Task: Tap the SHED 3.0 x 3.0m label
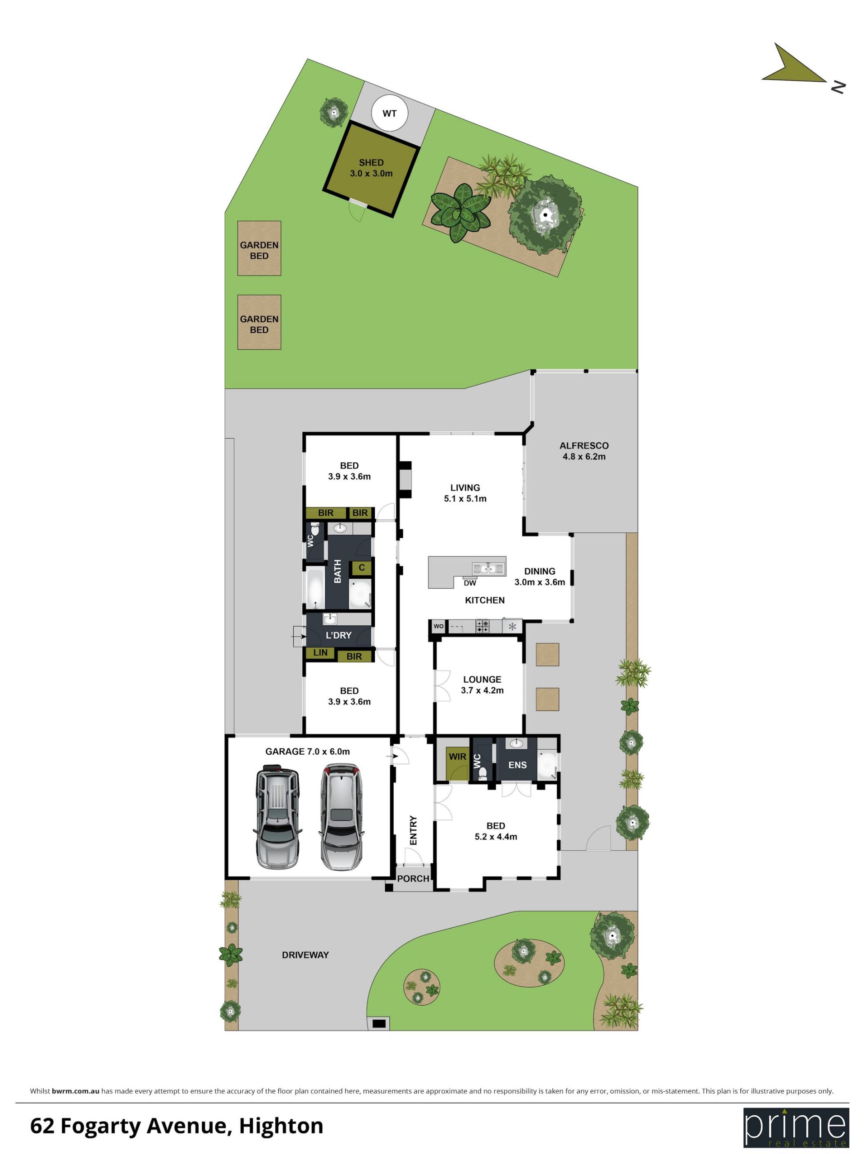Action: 371,168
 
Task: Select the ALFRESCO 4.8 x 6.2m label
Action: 583,451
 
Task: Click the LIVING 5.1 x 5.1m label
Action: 464,493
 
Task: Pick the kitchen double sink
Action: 488,568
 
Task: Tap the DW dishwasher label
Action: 470,583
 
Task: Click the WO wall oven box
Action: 438,626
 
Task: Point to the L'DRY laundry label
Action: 338,635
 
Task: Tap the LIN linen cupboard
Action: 320,653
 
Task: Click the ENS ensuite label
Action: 517,765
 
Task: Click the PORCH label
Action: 413,879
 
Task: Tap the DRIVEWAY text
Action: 305,955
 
